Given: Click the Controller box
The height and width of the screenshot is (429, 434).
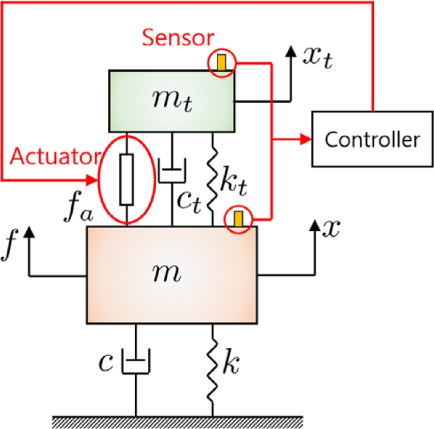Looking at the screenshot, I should tap(372, 139).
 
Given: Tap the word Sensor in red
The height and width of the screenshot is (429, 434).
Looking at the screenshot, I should tap(177, 38).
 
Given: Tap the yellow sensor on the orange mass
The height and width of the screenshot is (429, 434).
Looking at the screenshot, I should tap(238, 219).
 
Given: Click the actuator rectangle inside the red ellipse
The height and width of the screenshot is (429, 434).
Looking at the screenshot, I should tap(127, 180).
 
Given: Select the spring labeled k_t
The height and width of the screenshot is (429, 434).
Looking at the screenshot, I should tap(213, 179).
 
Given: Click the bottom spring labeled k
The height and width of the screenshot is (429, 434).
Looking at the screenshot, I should tap(213, 364).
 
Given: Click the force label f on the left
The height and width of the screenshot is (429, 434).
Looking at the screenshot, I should tap(9, 248).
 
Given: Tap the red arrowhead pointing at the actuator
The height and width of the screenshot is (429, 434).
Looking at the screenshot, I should tap(92, 179).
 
